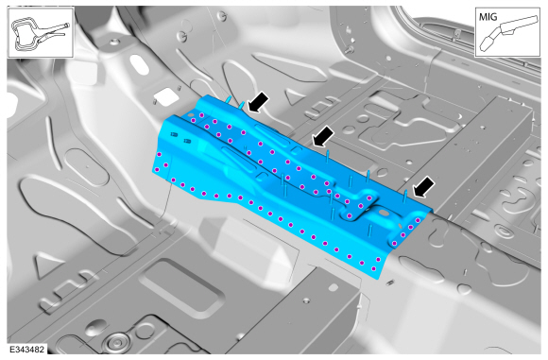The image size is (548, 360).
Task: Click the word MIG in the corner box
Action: pos(488,16)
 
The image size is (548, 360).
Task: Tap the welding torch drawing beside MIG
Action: pos(508,33)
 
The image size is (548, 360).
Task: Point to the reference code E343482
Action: pos(26,350)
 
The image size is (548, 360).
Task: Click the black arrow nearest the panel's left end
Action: pos(258,102)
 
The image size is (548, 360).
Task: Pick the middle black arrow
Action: pos(322,136)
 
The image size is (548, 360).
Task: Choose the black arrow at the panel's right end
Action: pos(424,187)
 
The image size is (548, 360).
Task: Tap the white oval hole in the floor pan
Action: pos(140,64)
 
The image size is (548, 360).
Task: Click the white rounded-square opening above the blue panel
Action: pos(166,96)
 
